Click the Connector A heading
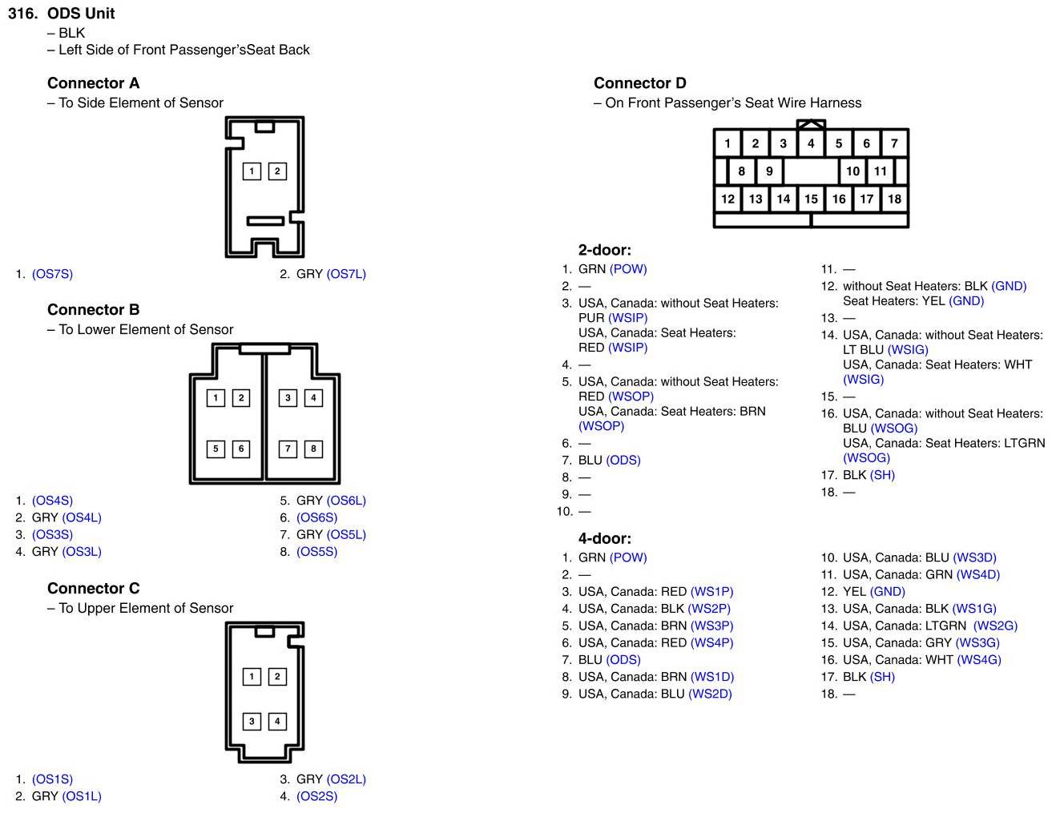click(x=93, y=83)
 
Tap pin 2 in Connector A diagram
click(x=277, y=171)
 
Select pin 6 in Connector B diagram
click(x=241, y=449)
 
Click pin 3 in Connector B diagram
click(x=288, y=397)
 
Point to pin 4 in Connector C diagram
click(x=277, y=721)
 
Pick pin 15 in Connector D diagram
click(x=811, y=199)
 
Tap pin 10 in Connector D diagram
click(x=852, y=171)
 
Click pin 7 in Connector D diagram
click(x=894, y=143)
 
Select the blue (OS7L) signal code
click(x=346, y=274)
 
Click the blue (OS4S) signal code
click(x=52, y=501)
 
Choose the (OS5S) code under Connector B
click(x=316, y=552)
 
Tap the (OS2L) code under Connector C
click(x=346, y=779)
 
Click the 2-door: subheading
click(x=604, y=250)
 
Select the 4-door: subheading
click(x=604, y=538)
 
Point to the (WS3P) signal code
click(x=711, y=626)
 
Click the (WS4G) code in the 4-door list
click(x=979, y=660)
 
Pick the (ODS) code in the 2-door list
click(x=623, y=460)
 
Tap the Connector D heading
click(x=639, y=83)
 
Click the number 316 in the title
click(x=22, y=14)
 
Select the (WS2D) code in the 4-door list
click(x=710, y=694)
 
